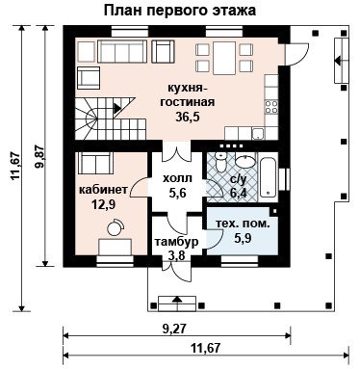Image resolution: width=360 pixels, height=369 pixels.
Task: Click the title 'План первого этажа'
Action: (180, 11)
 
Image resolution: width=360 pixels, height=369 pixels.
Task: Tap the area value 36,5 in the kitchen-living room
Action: (188, 117)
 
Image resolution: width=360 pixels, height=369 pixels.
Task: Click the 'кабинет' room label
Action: (103, 190)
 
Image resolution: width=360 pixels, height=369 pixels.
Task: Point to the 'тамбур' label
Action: (177, 242)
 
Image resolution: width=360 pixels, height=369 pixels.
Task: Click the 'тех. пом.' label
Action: (243, 224)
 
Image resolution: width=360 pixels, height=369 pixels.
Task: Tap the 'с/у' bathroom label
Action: (238, 180)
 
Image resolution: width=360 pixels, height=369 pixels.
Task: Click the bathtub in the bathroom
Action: (269, 177)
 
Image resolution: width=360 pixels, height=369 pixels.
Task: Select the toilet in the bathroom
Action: (220, 162)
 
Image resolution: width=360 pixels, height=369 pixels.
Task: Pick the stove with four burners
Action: (271, 107)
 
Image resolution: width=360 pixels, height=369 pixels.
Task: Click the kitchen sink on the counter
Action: (258, 134)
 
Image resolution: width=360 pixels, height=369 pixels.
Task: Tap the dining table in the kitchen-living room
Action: (224, 58)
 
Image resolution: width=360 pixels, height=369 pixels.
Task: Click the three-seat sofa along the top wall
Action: (122, 51)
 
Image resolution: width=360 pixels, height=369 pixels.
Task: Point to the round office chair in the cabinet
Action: (116, 227)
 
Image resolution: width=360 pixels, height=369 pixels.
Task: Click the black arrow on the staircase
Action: (117, 108)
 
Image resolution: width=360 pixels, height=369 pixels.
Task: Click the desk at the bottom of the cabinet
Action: (116, 247)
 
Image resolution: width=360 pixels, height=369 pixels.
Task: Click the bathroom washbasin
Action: (244, 161)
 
